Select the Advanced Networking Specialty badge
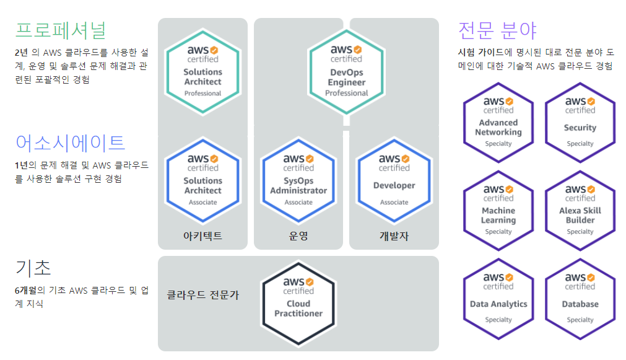point(498,122)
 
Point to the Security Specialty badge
point(580,122)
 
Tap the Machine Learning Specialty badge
point(498,210)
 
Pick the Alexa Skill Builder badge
point(580,210)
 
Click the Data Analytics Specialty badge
point(498,298)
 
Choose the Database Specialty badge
point(580,298)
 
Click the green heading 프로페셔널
point(61,30)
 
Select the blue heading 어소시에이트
point(71,143)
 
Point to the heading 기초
point(33,267)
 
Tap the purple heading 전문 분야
point(497,30)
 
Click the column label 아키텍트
point(202,235)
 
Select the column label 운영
point(298,235)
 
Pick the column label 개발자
point(394,235)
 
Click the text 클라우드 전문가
point(203,295)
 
